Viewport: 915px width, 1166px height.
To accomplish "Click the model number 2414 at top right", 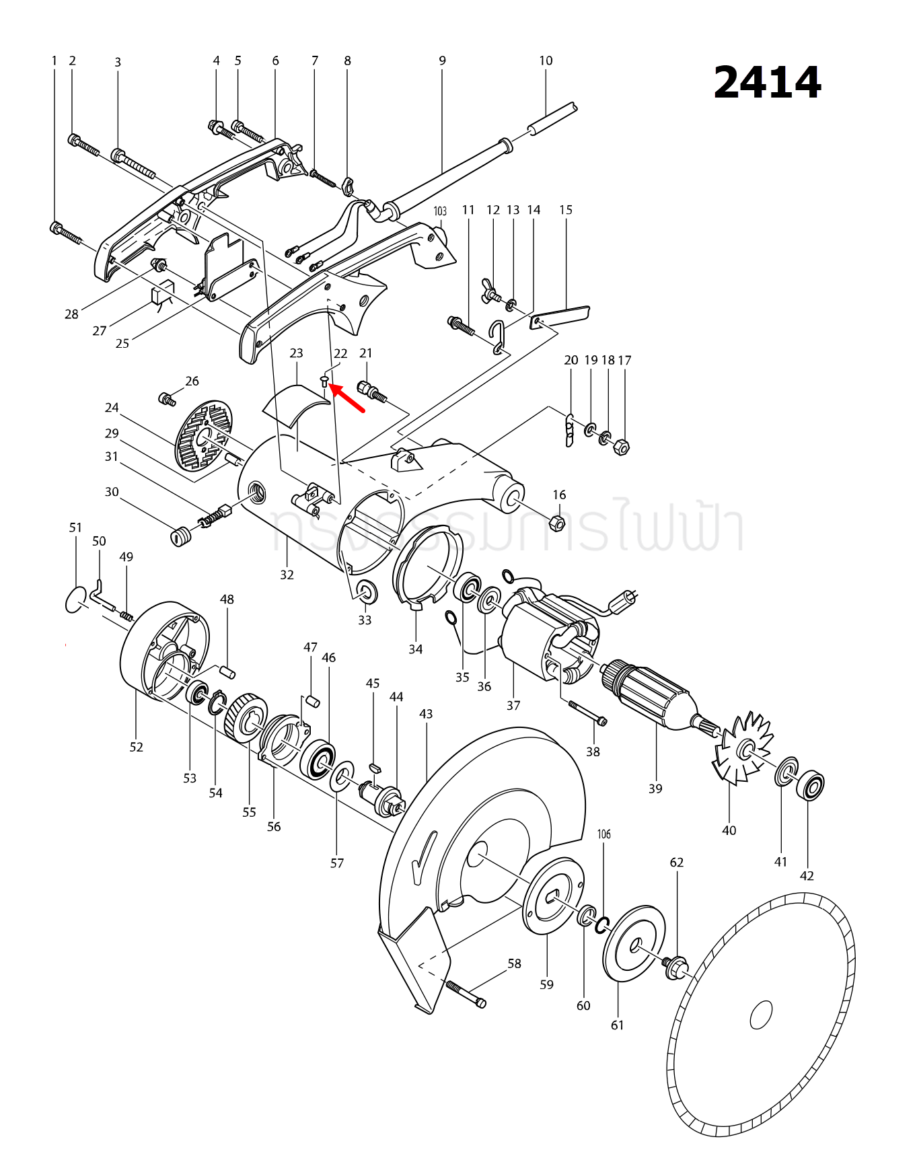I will point(767,83).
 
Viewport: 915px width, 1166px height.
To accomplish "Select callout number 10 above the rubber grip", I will point(546,61).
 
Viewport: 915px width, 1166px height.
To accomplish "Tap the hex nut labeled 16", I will point(558,522).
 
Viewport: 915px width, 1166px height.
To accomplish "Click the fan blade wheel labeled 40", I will point(743,749).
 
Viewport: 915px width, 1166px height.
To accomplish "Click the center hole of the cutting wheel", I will point(761,1015).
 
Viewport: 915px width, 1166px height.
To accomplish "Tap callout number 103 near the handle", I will point(439,211).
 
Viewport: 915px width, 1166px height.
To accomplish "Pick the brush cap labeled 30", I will point(178,537).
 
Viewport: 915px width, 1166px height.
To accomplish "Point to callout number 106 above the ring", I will point(604,834).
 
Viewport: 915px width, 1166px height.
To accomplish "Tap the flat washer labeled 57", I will point(342,776).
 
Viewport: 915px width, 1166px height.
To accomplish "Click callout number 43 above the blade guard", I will point(425,714).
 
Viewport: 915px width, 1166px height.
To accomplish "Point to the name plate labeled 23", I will point(295,406).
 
